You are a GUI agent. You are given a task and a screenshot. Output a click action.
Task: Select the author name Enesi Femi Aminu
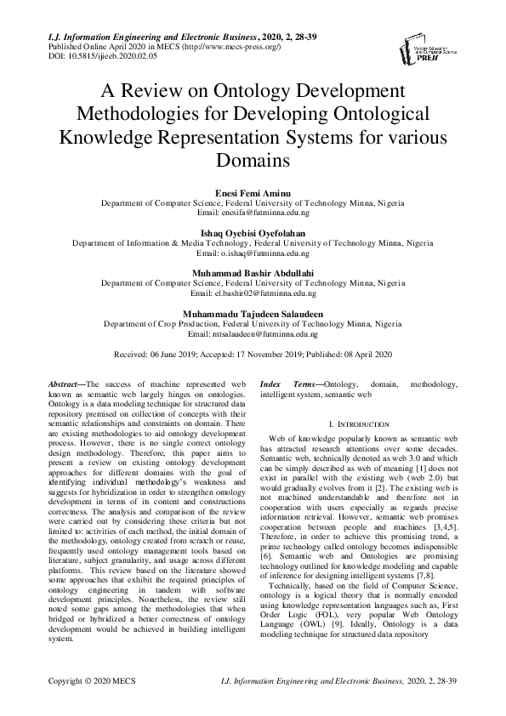(x=253, y=195)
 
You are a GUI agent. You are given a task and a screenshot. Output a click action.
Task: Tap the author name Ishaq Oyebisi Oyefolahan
(x=253, y=232)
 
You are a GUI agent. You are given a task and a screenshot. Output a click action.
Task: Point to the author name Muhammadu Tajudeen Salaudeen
(x=253, y=314)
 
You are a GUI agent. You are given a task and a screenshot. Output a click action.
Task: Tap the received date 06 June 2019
(x=186, y=353)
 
